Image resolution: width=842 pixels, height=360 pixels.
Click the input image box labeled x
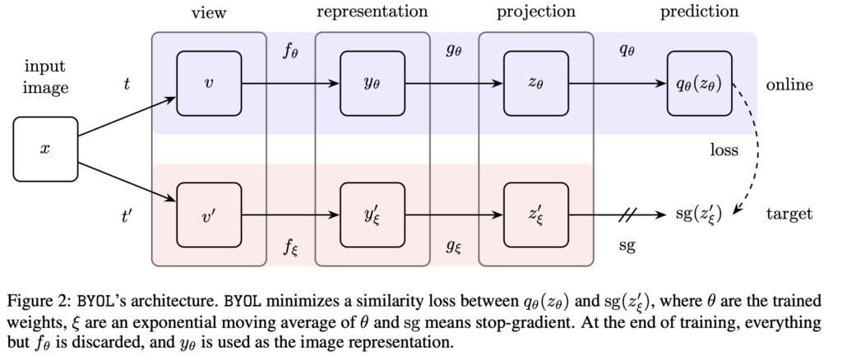point(45,149)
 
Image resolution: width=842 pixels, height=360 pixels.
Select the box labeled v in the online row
point(209,83)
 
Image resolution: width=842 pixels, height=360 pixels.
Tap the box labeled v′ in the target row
point(209,216)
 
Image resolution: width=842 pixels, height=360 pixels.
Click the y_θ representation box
point(372,83)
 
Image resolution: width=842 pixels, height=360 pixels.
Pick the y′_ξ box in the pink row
point(372,216)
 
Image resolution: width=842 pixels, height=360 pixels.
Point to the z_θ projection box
point(535,83)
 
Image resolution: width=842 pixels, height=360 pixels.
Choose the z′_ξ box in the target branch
point(535,216)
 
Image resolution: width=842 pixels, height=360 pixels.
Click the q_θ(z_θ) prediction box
point(699,83)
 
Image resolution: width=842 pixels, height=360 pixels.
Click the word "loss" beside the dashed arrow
point(725,150)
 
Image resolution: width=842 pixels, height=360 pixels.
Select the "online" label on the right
point(789,85)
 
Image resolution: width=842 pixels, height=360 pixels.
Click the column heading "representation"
point(372,12)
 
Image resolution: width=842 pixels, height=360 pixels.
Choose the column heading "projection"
point(535,13)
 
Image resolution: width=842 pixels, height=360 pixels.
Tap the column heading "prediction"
point(699,12)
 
